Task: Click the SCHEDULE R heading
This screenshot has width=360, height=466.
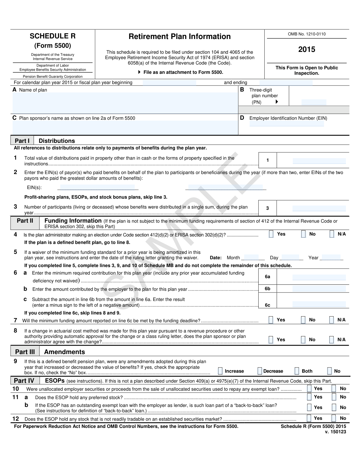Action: click(52, 36)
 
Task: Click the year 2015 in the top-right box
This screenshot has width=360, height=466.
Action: click(307, 50)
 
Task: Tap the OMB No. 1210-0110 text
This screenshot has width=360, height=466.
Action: click(307, 34)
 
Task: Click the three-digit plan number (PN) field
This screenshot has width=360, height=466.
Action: click(313, 102)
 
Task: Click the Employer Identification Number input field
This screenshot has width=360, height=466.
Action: click(286, 124)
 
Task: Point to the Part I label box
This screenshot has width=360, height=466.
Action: click(22, 141)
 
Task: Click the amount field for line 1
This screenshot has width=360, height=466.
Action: click(319, 161)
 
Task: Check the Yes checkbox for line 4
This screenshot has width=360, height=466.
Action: click(271, 234)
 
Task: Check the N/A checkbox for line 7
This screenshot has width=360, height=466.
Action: click(331, 320)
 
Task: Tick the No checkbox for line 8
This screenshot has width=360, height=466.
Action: click(304, 340)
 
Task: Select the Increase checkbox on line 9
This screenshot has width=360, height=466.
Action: click(220, 371)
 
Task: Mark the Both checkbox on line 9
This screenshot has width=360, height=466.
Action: click(297, 371)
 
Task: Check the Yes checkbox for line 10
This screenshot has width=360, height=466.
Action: click(309, 389)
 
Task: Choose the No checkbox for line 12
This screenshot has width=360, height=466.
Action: click(334, 418)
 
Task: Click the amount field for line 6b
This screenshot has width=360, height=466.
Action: click(319, 289)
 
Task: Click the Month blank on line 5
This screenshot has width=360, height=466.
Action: click(253, 257)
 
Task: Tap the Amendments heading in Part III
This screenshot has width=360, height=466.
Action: click(64, 352)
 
